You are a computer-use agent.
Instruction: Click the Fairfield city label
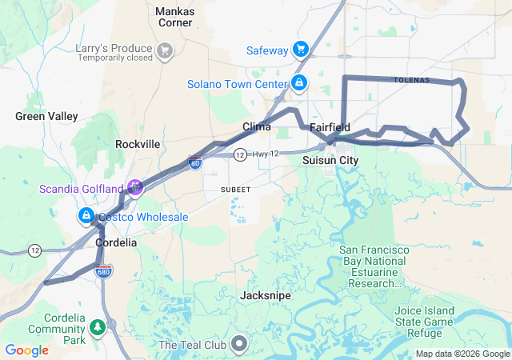(330, 127)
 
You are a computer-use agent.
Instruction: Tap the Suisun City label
(330, 160)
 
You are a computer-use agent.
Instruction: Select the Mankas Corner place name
(174, 17)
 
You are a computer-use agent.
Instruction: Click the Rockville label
(138, 144)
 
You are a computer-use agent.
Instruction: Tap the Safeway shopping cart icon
(301, 50)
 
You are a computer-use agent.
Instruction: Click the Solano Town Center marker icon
(298, 82)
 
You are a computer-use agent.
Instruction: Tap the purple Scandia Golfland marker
(135, 187)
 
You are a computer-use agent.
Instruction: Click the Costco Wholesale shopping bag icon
(86, 216)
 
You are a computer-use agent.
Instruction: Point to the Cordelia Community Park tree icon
(97, 326)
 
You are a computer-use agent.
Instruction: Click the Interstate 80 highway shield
(195, 163)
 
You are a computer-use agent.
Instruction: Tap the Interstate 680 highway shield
(102, 272)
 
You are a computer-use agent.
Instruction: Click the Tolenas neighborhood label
(411, 80)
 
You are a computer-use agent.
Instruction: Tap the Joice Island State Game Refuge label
(424, 317)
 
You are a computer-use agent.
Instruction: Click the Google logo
(26, 350)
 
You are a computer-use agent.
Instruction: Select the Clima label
(257, 126)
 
